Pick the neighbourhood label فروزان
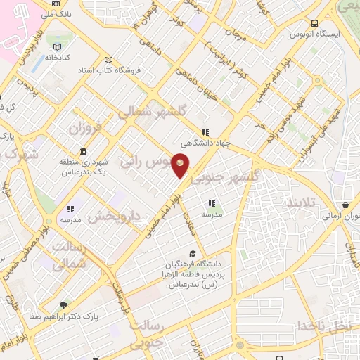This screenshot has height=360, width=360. (x=86, y=130)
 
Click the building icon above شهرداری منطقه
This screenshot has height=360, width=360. (x=84, y=152)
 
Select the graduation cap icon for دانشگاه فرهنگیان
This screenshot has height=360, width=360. (x=193, y=254)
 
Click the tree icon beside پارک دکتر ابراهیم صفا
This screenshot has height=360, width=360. (x=64, y=305)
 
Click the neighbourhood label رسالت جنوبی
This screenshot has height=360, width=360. (x=160, y=333)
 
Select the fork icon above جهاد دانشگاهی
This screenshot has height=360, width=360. (x=205, y=131)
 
